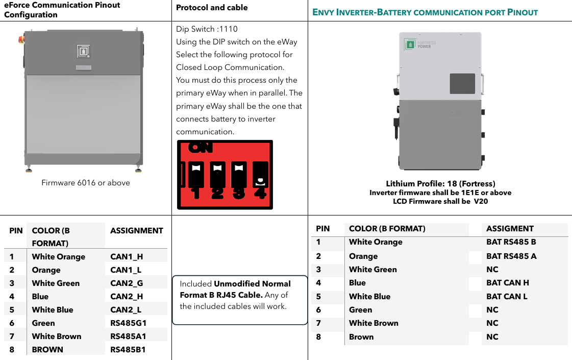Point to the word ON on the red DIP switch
(x=200, y=148)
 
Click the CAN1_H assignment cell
(x=127, y=257)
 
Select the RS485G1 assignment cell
(x=129, y=323)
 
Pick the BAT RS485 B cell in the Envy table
(x=511, y=242)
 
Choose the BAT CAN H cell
(x=507, y=282)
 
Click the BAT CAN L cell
(x=507, y=297)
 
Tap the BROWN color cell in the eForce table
(x=47, y=349)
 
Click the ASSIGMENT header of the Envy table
(x=510, y=229)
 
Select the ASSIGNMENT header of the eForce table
(x=137, y=231)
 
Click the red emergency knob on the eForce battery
(x=21, y=39)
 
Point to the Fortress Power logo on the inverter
(x=420, y=44)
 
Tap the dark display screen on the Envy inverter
(x=462, y=84)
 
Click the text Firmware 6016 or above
(x=86, y=183)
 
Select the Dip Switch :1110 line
(x=207, y=29)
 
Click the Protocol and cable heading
(x=212, y=7)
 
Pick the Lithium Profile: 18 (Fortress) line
(x=441, y=184)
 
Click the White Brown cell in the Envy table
(x=374, y=323)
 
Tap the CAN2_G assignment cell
(x=127, y=283)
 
